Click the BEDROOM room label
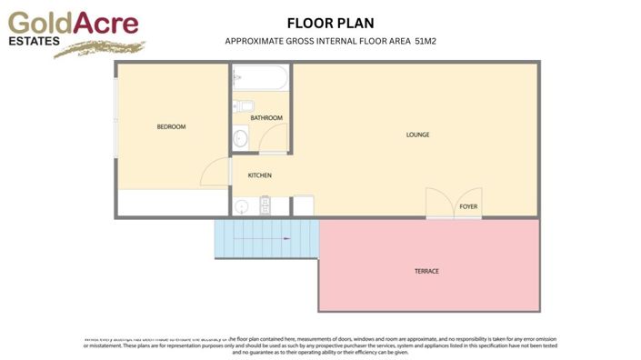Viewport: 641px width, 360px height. pos(171,127)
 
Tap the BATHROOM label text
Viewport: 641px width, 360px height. pos(266,118)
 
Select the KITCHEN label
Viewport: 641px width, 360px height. pos(260,175)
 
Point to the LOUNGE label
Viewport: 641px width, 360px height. pos(417,135)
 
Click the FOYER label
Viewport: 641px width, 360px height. pos(468,207)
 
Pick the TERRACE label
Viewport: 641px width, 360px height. pos(427,272)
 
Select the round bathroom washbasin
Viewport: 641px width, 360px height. pos(240,139)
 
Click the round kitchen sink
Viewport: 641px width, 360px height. pos(242,206)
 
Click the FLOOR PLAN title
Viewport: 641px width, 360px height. pos(330,23)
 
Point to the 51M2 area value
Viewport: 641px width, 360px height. pos(426,42)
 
